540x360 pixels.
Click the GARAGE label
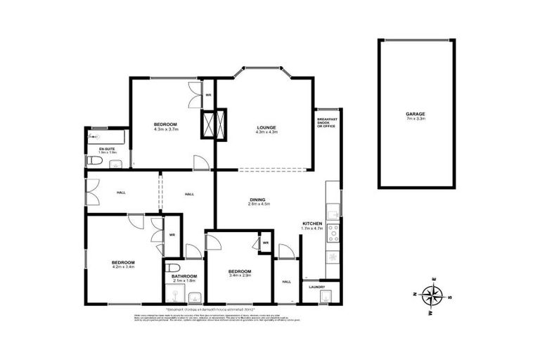(415, 114)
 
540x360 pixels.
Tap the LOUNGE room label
(266, 127)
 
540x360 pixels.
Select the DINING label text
(257, 200)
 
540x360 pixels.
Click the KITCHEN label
(311, 222)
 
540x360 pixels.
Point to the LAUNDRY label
(315, 286)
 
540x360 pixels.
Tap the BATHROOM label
(184, 276)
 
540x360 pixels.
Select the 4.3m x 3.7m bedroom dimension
(167, 130)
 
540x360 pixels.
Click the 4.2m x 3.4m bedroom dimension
(123, 267)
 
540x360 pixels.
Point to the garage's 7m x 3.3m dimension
(415, 119)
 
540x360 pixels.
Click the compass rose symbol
(431, 296)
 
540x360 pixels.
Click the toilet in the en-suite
(98, 163)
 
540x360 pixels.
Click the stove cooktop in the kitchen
(332, 231)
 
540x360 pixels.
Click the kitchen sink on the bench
(333, 211)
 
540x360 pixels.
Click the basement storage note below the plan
(210, 309)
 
